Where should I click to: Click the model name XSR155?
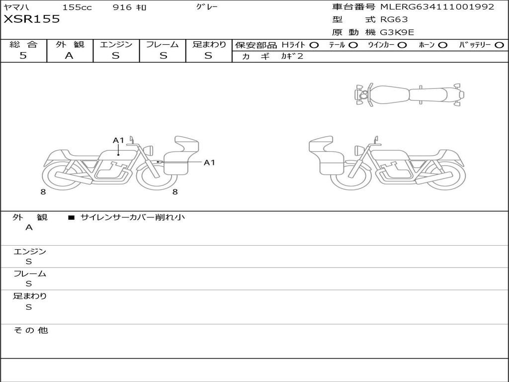tap(32, 19)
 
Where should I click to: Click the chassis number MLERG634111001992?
tap(437, 7)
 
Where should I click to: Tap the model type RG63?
tap(394, 19)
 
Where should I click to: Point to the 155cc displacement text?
tap(77, 7)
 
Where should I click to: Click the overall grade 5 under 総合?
tap(23, 56)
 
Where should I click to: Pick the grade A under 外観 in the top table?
tap(69, 56)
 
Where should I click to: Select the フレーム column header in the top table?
tap(163, 44)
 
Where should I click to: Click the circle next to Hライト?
tap(314, 45)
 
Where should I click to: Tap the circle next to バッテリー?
tap(499, 45)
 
